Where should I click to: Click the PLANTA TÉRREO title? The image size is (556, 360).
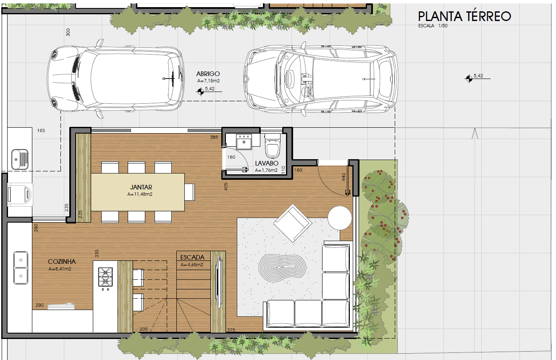pos(464,16)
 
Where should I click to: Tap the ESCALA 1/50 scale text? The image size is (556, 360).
pos(433,26)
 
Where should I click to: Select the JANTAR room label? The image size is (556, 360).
pos(141,187)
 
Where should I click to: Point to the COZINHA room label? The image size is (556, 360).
pos(62,261)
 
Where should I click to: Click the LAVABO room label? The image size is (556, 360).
pos(267,163)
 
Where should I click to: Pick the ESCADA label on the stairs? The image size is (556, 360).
pos(192,258)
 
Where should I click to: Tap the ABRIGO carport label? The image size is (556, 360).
pos(208,74)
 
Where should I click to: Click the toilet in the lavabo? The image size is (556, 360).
pos(273,146)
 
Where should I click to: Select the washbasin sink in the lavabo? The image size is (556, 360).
pos(244,142)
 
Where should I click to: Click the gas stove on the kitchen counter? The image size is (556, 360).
pos(105,277)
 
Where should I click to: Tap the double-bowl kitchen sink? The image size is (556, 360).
pos(21,268)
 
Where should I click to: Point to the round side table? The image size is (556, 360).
pos(340,218)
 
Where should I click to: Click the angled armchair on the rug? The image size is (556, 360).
pos(293,223)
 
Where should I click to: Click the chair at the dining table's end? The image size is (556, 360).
pos(190,192)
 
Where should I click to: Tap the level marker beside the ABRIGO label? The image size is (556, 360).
pos(201,92)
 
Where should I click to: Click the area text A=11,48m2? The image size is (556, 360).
pos(140,194)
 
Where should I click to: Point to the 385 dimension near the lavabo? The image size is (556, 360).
pos(214,137)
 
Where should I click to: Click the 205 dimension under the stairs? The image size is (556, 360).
pos(144,329)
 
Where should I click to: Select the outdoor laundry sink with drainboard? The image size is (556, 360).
pos(20,159)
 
